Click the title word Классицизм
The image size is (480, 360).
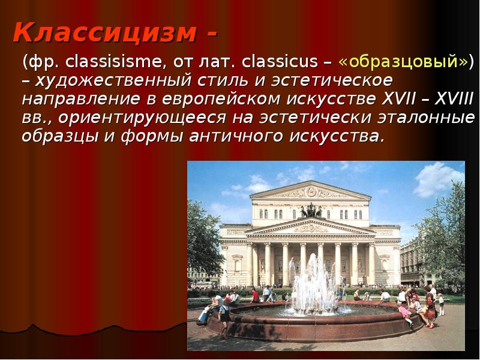[104, 32]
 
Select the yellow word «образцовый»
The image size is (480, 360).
[403, 62]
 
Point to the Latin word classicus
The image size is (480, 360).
[280, 62]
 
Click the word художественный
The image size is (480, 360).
[113, 81]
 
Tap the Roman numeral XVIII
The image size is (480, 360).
[454, 98]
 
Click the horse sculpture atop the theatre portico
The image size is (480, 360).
[311, 211]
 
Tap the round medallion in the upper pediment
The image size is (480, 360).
[311, 192]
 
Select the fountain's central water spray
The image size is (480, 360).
[312, 283]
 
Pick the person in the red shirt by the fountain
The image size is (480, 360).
[255, 296]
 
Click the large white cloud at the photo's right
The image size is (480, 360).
[439, 179]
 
